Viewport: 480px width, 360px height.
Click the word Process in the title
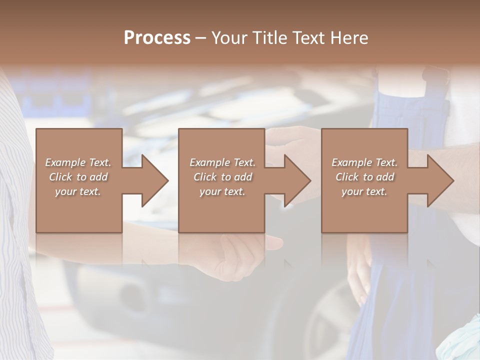point(157,38)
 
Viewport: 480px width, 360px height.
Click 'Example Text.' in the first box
point(78,162)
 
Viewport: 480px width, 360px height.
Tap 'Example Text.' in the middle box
point(222,162)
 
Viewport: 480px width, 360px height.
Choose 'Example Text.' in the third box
point(364,162)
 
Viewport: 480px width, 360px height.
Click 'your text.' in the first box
point(78,191)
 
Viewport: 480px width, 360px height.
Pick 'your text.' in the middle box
point(222,191)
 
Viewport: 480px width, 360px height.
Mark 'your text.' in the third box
point(364,191)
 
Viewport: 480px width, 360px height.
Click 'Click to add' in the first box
point(78,177)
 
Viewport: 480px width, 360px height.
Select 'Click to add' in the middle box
point(222,177)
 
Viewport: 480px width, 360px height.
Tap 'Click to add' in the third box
point(364,177)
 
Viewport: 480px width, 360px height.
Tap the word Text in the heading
point(307,38)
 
